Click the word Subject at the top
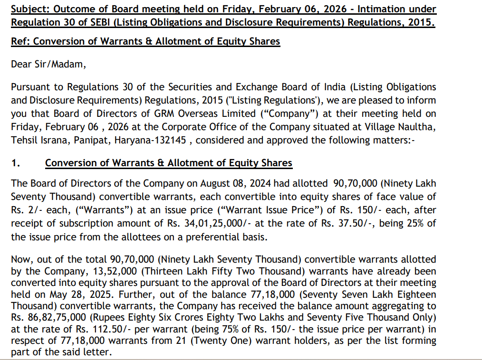29,9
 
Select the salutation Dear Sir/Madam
48,64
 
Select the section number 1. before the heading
16,163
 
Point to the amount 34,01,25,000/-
203,223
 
